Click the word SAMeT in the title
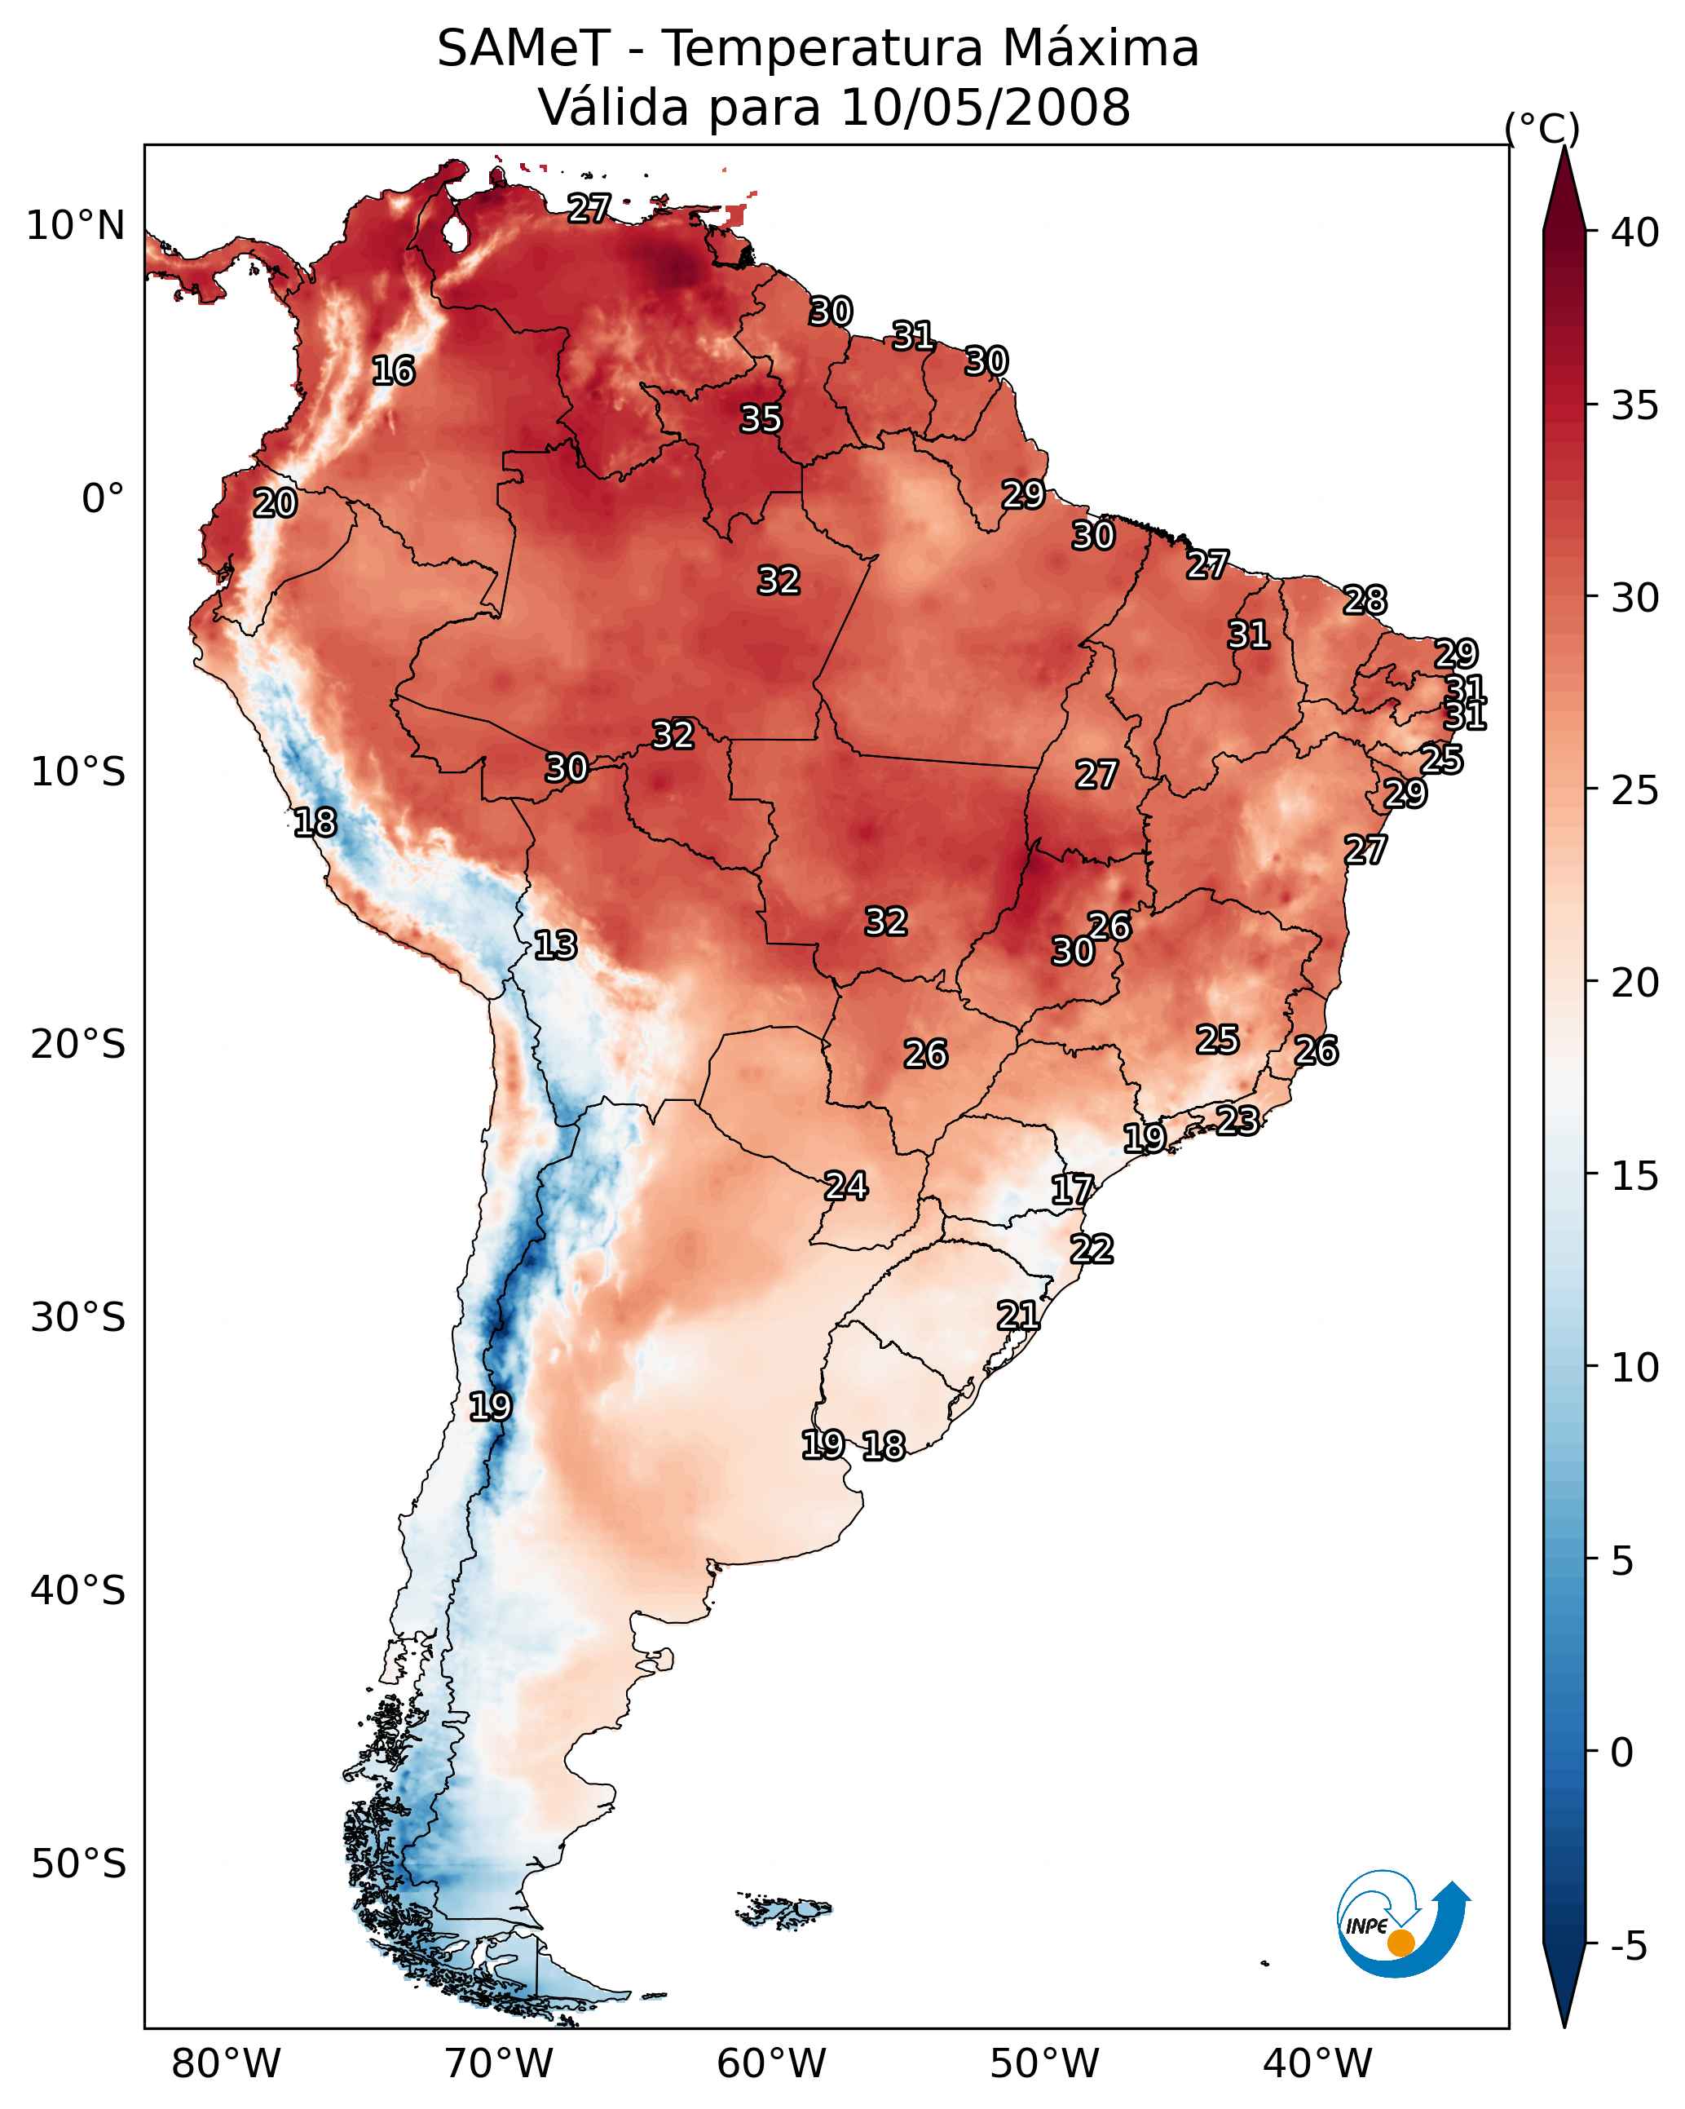coord(523,48)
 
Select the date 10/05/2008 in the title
coord(985,107)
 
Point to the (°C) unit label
coord(1542,128)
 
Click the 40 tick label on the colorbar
coord(1635,232)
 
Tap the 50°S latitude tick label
coord(78,1864)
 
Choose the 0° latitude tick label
coord(104,499)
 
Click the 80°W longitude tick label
coord(226,2064)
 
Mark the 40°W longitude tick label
coord(1317,2064)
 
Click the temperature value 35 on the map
coord(761,418)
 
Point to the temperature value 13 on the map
coord(555,945)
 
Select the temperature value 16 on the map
coord(393,371)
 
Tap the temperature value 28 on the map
coord(1365,599)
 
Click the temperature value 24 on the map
coord(846,1186)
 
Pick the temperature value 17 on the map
coord(1072,1190)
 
